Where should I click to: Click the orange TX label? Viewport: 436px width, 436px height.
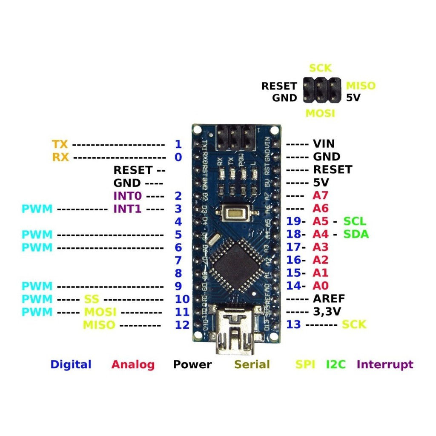[x=60, y=144]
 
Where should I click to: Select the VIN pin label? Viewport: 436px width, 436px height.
[x=324, y=143]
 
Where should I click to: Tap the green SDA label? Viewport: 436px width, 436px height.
[x=356, y=234]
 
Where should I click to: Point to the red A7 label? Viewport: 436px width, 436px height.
[x=320, y=196]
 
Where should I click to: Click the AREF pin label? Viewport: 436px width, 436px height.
[x=329, y=298]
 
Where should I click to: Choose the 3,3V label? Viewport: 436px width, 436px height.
[x=327, y=312]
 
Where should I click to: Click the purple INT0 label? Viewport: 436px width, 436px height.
[x=126, y=196]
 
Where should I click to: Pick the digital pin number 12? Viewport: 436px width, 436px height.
[x=182, y=325]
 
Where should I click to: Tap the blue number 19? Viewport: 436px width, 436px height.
[x=294, y=221]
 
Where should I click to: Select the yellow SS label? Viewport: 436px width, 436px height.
[x=92, y=299]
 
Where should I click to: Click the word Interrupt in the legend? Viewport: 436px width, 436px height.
[x=385, y=364]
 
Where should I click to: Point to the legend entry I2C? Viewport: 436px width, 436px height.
[x=336, y=364]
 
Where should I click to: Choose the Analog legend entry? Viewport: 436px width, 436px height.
[x=133, y=364]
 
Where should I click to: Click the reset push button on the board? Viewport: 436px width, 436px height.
[x=235, y=211]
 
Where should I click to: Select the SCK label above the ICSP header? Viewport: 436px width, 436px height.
[x=320, y=68]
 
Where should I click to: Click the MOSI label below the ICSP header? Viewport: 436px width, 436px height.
[x=320, y=113]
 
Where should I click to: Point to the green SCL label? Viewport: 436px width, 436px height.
[x=355, y=221]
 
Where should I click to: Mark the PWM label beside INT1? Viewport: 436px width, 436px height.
[x=37, y=209]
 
